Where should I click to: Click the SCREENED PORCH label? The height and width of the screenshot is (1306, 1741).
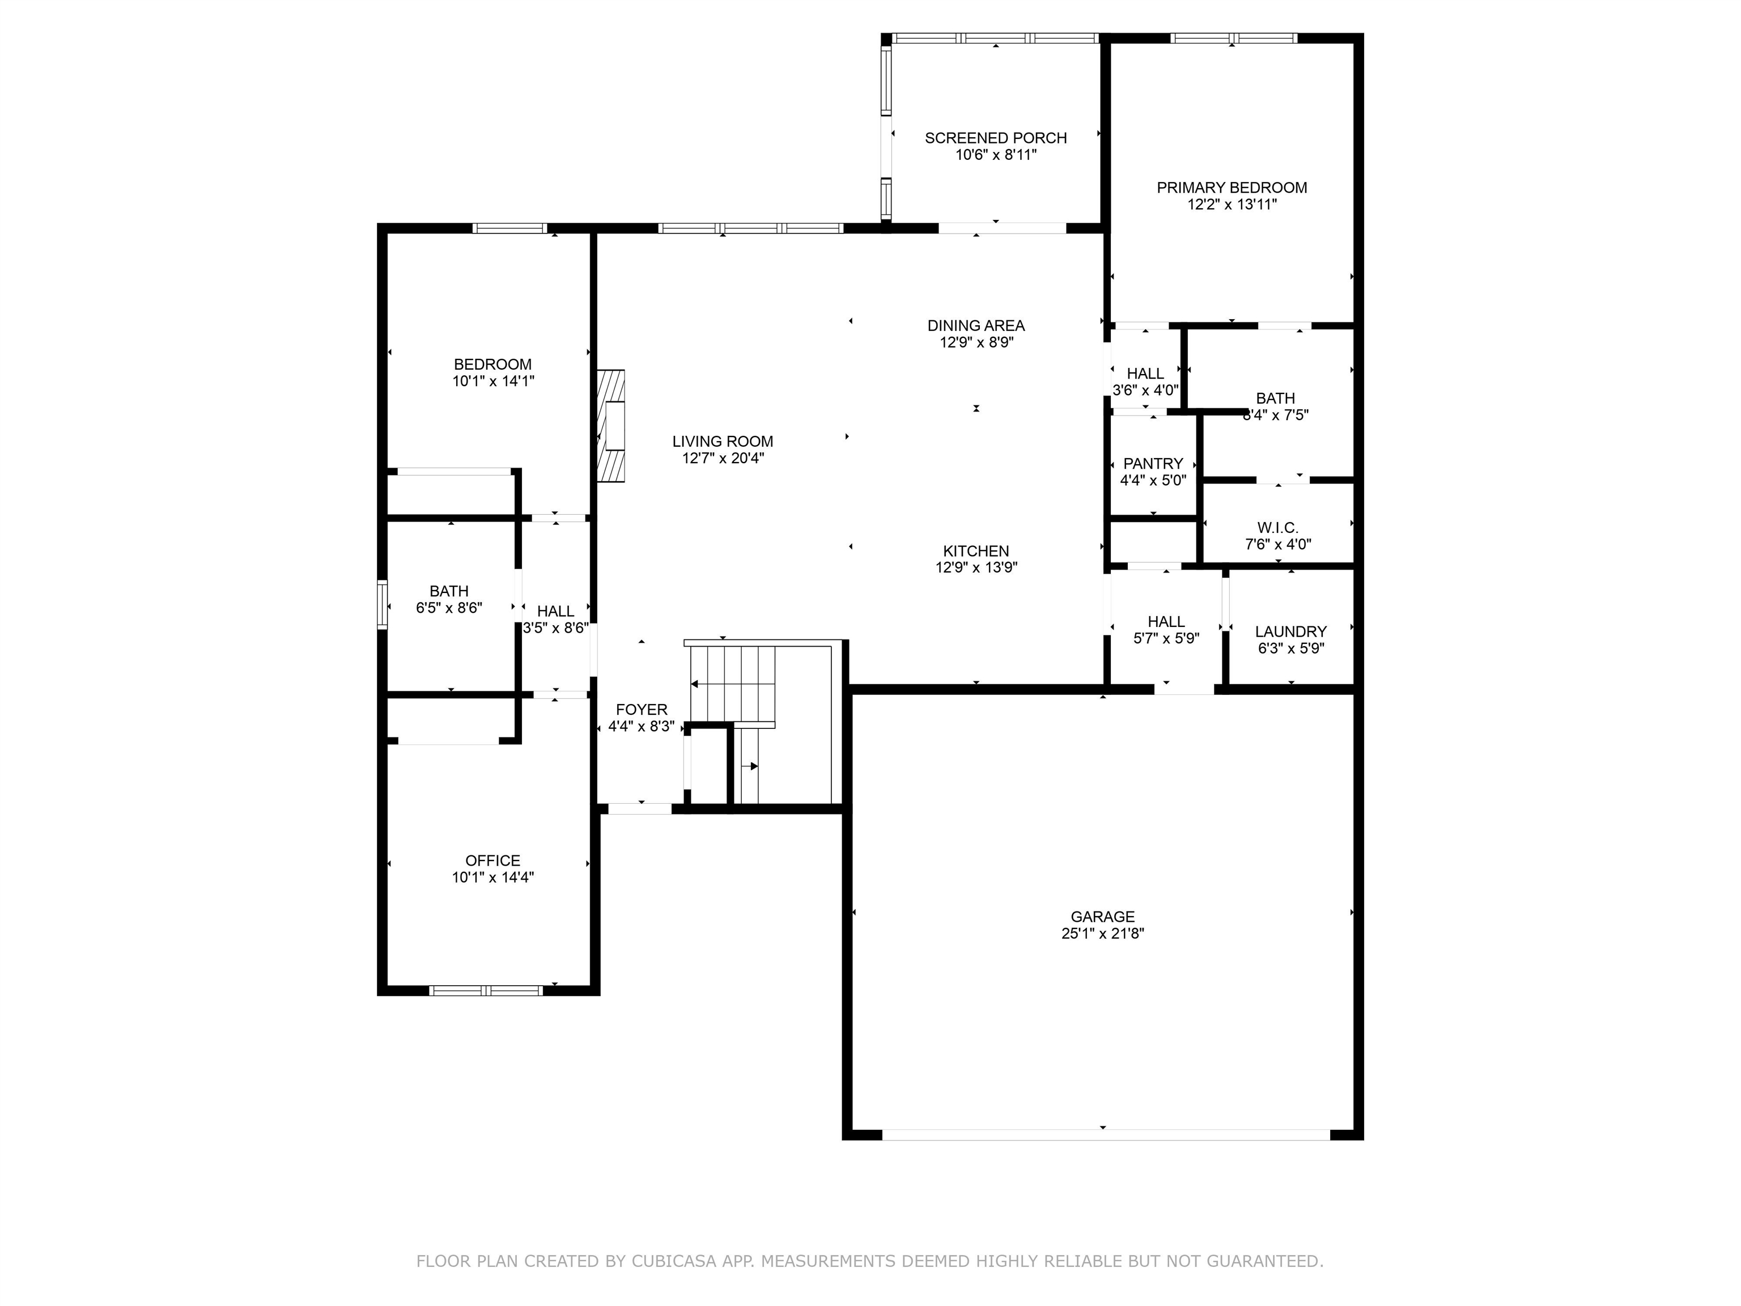(996, 138)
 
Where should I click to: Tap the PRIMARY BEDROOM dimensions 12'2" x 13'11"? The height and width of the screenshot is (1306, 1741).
(1232, 205)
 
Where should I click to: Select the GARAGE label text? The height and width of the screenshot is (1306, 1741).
(1103, 917)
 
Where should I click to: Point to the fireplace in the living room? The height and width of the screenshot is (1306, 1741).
(611, 426)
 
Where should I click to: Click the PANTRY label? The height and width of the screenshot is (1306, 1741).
(1153, 464)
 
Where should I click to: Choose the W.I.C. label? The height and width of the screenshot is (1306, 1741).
(1277, 527)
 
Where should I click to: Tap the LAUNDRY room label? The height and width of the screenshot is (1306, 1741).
(1291, 631)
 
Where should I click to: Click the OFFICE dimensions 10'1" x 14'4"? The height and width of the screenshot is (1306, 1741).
(492, 877)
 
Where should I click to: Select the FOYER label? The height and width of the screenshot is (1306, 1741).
(642, 709)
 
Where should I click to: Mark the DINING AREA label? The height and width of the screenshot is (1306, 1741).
(976, 325)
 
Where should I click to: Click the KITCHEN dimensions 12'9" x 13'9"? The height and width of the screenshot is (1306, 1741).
(976, 567)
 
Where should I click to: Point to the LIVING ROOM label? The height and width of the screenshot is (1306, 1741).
(723, 442)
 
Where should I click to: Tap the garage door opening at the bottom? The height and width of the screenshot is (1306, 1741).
(1106, 1134)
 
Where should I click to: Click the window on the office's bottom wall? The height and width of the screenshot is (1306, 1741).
(486, 990)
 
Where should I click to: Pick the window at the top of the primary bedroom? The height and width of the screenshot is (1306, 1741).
(1233, 38)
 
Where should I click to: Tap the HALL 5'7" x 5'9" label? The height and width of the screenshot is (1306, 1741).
(1166, 630)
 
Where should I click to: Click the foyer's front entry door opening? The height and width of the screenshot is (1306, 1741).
(640, 808)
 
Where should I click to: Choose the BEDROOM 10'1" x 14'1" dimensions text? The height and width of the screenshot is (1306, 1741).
(492, 381)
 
